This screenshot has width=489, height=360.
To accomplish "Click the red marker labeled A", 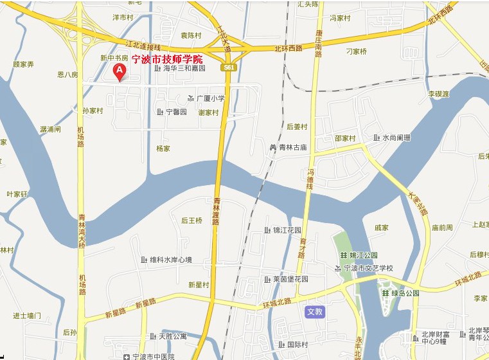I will coord(119,71).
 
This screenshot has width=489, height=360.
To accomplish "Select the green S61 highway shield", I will coord(230,67).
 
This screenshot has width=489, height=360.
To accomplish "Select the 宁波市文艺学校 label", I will coord(368,268).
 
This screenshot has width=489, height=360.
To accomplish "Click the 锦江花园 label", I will coord(286,230).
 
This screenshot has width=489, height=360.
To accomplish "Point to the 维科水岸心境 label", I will coord(170,260).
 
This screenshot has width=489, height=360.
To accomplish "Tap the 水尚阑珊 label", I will coord(395,138).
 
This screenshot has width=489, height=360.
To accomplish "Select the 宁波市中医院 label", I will coord(156,355).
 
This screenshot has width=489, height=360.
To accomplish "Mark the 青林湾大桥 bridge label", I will coord(82,232).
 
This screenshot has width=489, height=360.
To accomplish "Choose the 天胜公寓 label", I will coord(172,336).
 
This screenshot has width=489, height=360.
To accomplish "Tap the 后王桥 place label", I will coord(191,221).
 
